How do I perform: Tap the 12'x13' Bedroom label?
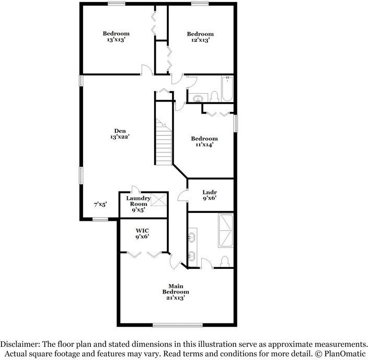tap(200, 37)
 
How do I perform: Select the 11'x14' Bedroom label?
tap(204, 142)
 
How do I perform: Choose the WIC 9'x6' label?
tap(143, 233)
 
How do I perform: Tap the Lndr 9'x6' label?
tap(209, 195)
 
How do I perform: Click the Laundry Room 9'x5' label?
tap(139, 204)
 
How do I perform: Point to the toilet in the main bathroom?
tap(225, 260)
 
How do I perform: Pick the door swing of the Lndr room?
tap(182, 196)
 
